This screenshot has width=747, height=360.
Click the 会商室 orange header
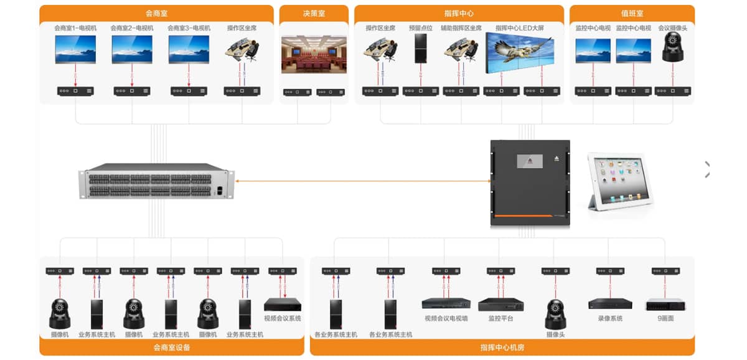156,12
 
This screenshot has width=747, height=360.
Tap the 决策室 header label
314,12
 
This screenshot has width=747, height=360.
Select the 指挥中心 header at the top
459,12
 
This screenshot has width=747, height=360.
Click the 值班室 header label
632,12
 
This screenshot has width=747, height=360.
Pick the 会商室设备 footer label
171,348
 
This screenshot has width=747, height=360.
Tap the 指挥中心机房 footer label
502,348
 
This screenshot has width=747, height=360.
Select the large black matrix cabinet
530,183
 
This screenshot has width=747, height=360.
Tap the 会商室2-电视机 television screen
132,49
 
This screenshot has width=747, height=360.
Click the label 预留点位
420,28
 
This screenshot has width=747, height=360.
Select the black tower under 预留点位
421,49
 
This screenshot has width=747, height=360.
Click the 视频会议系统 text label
282,318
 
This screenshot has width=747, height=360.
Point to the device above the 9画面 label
665,305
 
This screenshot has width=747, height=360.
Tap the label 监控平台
500,318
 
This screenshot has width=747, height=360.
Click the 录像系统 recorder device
610,304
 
